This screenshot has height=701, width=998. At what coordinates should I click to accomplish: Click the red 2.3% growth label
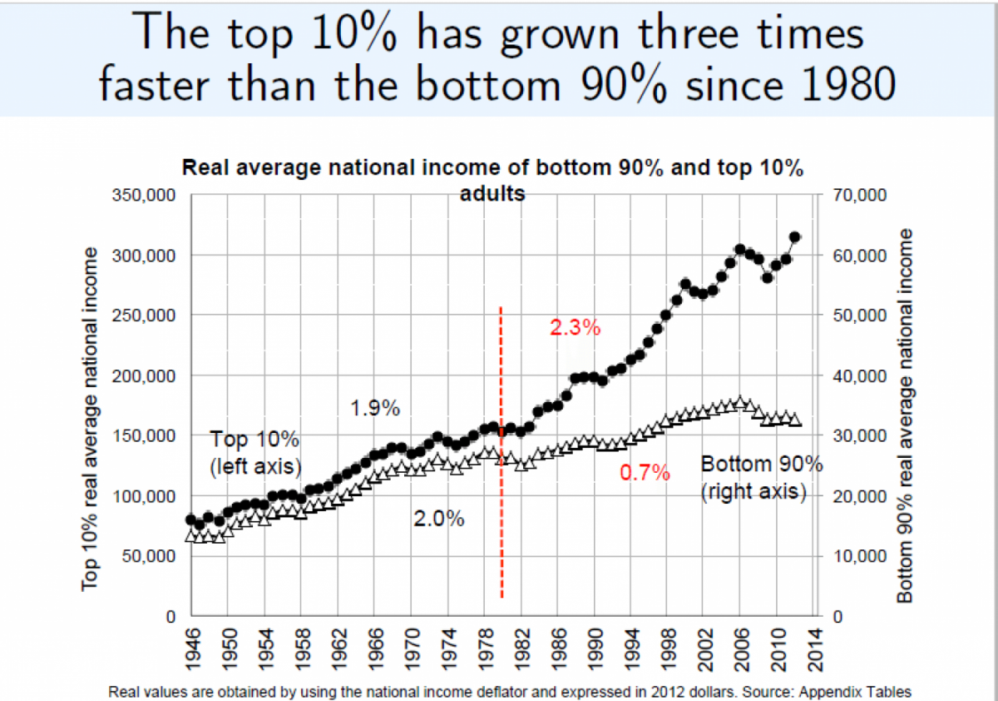click(575, 328)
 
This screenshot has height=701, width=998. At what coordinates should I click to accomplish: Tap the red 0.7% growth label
click(645, 474)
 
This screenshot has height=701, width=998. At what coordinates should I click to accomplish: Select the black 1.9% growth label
click(375, 409)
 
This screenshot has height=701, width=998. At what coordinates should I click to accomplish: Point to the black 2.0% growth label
click(438, 520)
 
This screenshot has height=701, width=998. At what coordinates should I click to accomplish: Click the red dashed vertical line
click(501, 450)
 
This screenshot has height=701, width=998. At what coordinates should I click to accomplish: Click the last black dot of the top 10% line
click(794, 237)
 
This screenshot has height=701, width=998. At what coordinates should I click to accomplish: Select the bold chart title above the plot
click(492, 180)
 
